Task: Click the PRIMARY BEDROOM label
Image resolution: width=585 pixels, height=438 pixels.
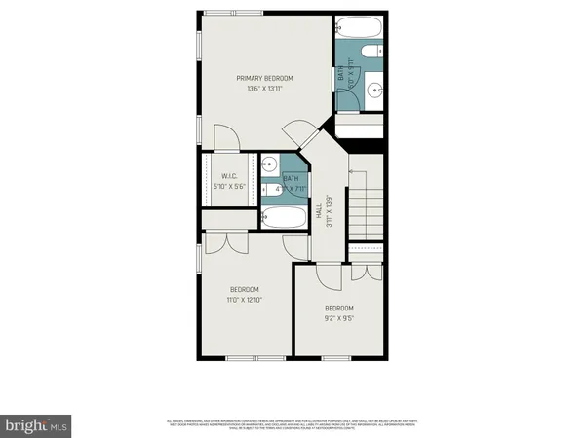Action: pos(264,78)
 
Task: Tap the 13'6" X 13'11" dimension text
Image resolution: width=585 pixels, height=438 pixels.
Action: pos(264,89)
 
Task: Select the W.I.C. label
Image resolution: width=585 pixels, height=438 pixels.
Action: pos(229,176)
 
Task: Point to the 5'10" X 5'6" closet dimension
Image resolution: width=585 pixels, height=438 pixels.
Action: pos(229,187)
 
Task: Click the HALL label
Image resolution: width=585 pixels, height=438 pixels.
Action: pos(318,212)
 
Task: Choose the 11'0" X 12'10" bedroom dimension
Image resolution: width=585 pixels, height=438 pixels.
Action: pos(244,301)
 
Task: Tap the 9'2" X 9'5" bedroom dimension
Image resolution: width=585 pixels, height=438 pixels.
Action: pos(339,316)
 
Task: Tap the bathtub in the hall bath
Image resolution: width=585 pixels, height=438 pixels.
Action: pos(284,219)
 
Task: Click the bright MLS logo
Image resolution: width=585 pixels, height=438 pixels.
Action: pos(36,424)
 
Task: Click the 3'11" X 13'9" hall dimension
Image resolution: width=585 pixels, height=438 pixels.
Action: pos(329,212)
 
